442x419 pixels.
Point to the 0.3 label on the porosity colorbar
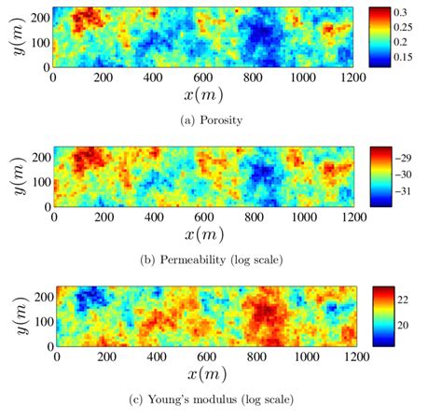413,14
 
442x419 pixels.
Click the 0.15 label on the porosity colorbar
416,57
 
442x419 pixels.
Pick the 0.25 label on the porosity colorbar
416,28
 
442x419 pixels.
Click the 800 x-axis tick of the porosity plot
254,79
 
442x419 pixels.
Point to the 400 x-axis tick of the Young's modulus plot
157,358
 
